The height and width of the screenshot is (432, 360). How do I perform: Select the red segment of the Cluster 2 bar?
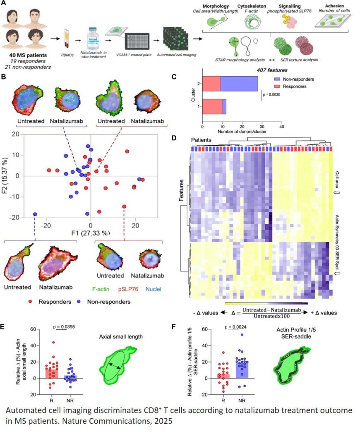[211, 84]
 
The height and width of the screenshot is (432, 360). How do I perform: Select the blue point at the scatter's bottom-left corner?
[35, 214]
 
